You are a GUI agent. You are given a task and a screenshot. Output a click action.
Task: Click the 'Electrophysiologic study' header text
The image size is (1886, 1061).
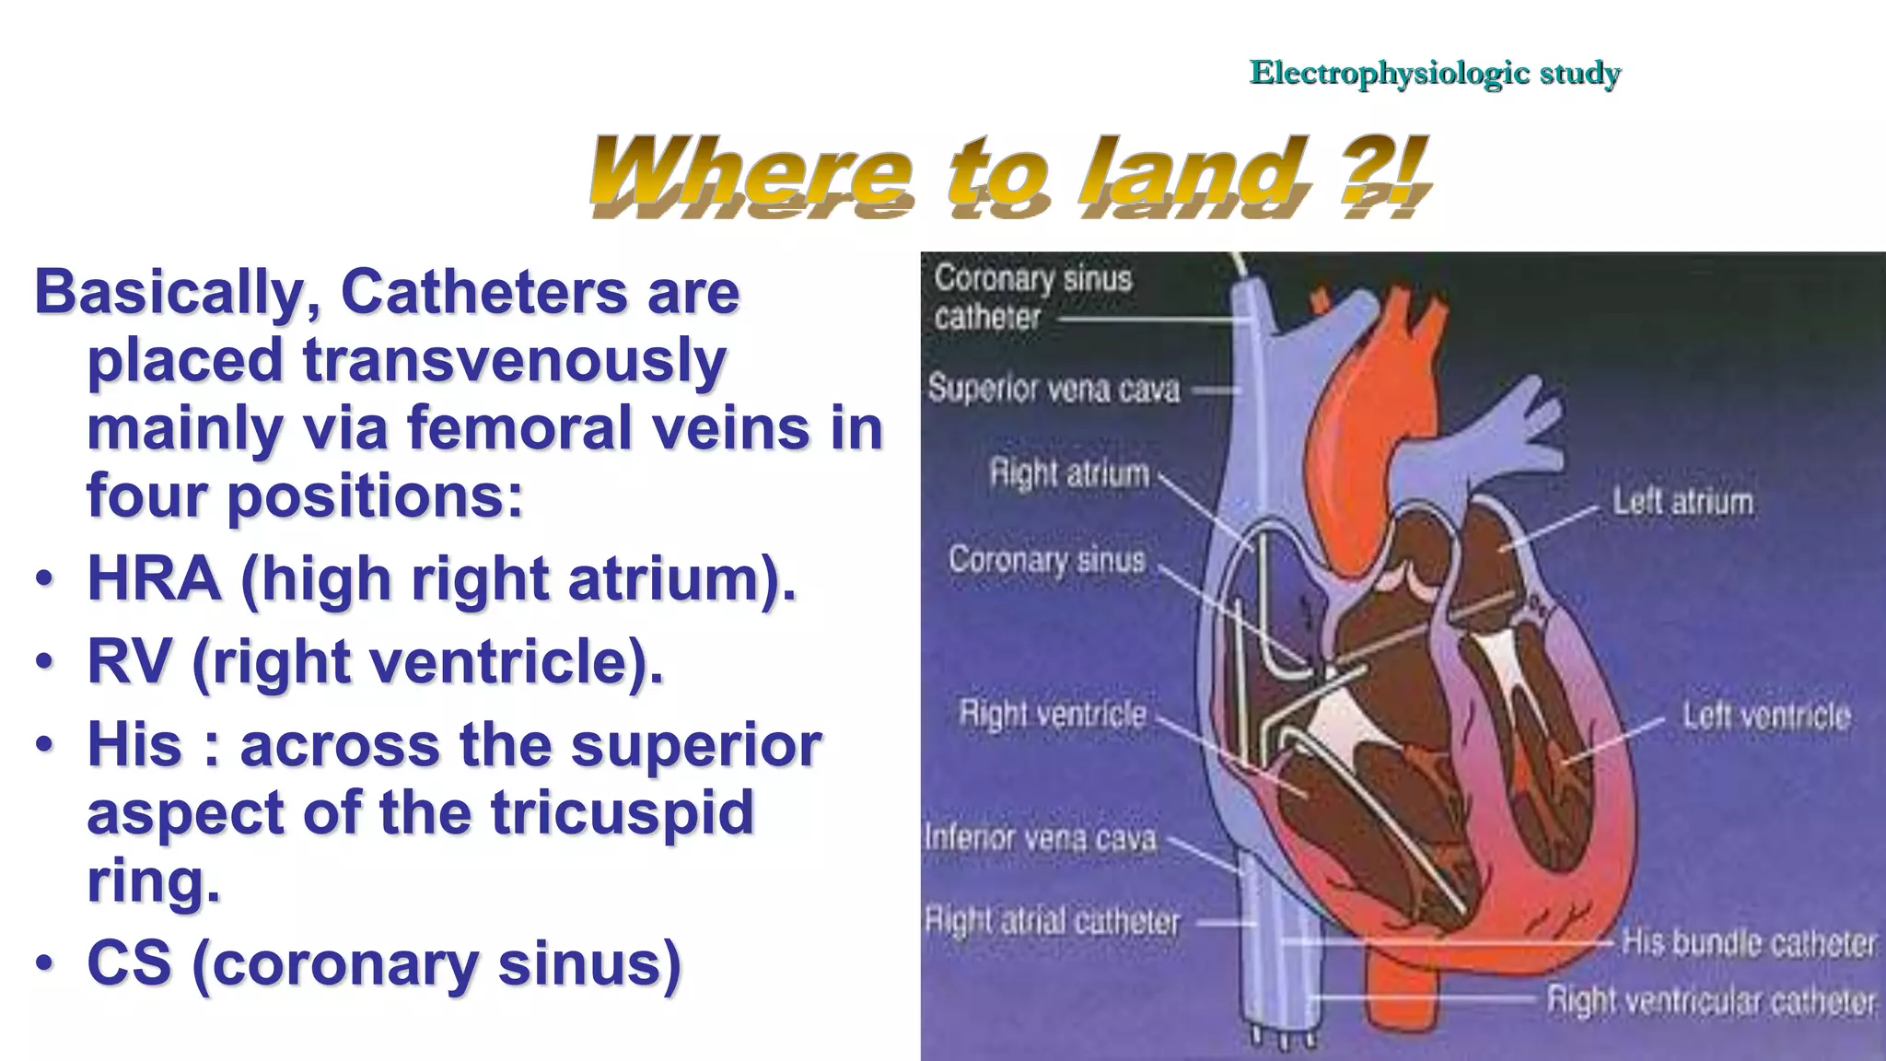1434,73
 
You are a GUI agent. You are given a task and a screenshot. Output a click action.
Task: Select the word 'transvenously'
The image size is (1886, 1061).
514,361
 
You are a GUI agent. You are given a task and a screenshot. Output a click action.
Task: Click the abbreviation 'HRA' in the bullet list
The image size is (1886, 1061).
154,579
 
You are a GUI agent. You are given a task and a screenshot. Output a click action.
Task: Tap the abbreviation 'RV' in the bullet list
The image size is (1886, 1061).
129,662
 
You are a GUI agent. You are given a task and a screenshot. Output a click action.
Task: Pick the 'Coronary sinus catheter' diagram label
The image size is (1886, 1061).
1031,297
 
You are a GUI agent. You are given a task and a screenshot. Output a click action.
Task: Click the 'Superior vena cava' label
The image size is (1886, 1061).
1053,389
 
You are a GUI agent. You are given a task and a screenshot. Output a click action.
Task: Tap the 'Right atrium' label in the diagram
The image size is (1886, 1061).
1069,473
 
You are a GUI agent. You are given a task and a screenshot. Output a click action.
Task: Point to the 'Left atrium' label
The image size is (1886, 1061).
1682,502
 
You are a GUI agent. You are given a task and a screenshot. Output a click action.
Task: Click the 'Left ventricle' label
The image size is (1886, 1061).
1765,716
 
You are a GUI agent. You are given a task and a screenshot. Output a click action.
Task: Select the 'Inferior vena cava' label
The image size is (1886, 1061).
1041,838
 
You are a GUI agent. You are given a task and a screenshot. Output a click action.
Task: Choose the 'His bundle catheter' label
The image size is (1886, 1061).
1747,943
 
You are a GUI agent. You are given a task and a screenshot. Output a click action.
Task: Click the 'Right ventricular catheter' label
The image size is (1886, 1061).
1710,1000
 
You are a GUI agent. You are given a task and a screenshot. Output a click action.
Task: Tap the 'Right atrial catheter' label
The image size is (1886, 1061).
1052,921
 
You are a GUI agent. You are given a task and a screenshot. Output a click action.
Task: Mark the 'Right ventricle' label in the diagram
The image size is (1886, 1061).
1053,714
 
